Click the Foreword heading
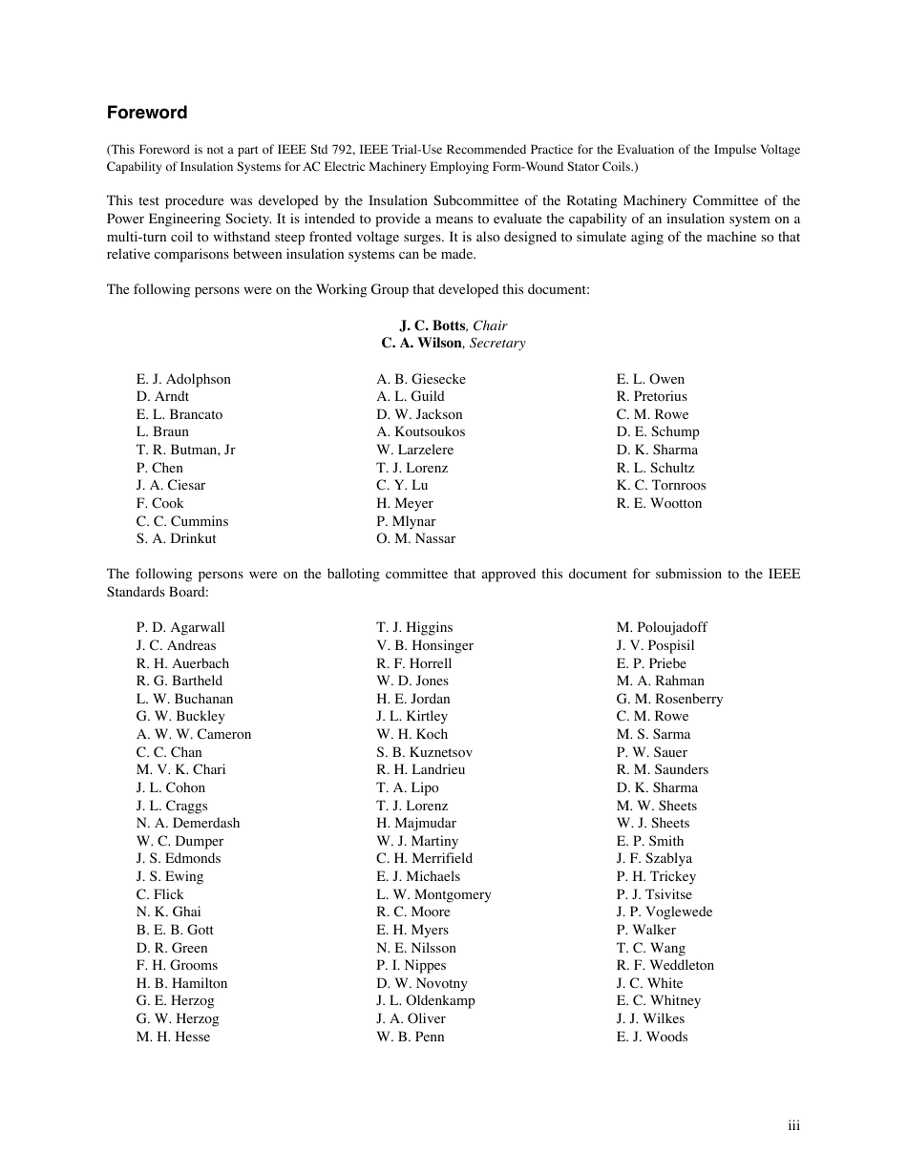[x=147, y=113]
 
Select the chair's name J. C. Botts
[x=432, y=325]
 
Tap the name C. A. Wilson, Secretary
[x=453, y=343]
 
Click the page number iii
[x=793, y=1126]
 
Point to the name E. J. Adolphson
[x=183, y=379]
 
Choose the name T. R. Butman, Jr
[x=185, y=450]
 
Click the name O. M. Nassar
[x=415, y=538]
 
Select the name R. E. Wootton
[x=659, y=503]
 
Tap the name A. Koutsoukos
[x=420, y=431]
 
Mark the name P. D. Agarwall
[x=180, y=627]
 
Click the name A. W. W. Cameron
[x=194, y=734]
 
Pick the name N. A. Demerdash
[x=188, y=823]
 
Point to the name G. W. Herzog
[x=178, y=1018]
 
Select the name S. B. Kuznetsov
[x=424, y=752]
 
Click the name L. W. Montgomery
[x=433, y=894]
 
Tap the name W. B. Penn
[x=411, y=1037]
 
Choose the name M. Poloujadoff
[x=662, y=627]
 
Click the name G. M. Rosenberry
[x=669, y=699]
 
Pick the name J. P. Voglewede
[x=664, y=912]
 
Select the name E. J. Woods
[x=652, y=1037]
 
